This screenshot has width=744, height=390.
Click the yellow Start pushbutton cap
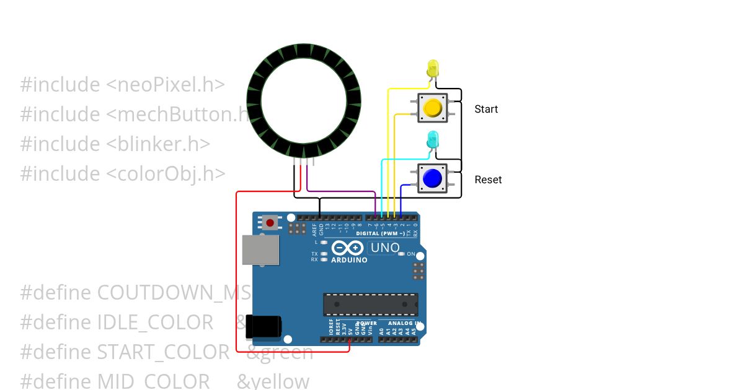[432, 108]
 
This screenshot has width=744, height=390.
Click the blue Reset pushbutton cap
[432, 179]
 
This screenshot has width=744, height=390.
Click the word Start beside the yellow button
[486, 109]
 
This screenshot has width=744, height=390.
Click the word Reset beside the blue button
[488, 180]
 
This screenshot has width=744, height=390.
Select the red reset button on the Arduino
[270, 222]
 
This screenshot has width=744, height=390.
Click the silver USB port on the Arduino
[260, 249]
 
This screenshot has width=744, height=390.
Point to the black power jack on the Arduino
[263, 326]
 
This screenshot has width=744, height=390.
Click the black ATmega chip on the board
[370, 305]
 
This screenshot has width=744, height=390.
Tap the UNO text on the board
[384, 248]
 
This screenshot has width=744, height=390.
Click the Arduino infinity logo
[347, 249]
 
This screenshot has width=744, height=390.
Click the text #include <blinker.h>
[115, 144]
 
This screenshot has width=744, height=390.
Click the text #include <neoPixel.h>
[122, 85]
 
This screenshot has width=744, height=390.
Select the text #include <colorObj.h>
[122, 173]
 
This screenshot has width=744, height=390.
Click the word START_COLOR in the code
[163, 352]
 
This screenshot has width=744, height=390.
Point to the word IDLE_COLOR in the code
[155, 323]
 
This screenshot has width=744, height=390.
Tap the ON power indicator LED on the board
[402, 254]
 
